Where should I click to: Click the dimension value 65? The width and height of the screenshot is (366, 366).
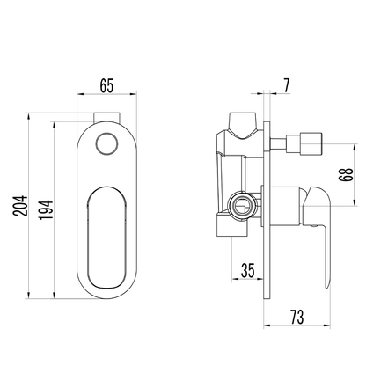point(106,86)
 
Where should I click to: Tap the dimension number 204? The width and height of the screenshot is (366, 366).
point(20,206)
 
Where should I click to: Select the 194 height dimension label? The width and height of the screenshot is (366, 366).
point(47,209)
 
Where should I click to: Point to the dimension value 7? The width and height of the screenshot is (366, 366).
point(286,85)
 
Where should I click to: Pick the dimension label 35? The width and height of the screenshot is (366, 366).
point(248,270)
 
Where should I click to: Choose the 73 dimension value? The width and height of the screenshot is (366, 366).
point(296,317)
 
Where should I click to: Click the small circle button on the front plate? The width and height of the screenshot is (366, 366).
point(106,143)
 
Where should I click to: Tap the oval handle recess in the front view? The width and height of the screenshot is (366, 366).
point(106,238)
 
